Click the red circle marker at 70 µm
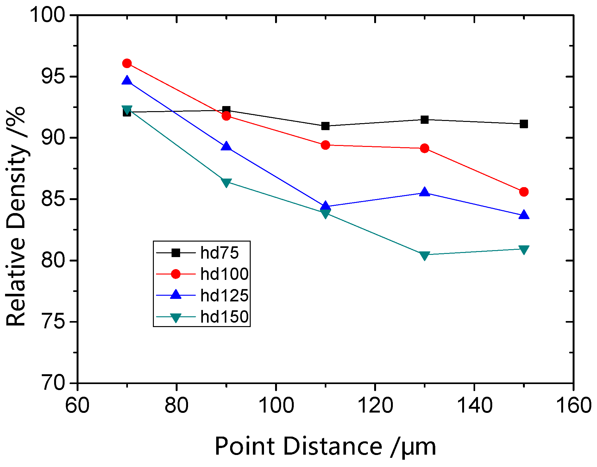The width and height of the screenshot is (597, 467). (127, 63)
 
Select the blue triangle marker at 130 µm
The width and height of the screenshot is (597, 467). (424, 192)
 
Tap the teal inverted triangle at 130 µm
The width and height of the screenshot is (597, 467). (424, 255)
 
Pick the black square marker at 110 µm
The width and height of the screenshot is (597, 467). (325, 126)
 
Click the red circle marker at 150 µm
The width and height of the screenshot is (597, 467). (524, 192)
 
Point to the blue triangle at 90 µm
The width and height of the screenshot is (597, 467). (226, 147)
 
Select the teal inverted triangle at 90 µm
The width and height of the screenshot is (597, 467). (226, 183)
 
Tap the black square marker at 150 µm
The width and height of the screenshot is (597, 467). (524, 124)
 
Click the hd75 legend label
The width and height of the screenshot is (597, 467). (219, 253)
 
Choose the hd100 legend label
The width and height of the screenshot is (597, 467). (224, 274)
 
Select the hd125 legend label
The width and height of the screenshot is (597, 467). (224, 295)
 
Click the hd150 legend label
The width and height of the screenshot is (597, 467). (224, 317)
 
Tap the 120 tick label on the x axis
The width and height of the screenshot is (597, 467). (375, 406)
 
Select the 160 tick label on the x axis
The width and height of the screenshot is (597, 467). (573, 406)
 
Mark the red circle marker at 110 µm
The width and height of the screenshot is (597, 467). (325, 145)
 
